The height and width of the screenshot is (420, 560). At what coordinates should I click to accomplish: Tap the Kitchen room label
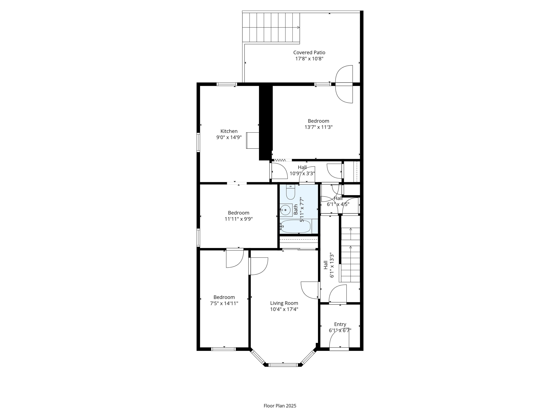229,131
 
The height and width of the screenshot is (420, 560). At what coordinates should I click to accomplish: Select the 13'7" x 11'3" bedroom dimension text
318,127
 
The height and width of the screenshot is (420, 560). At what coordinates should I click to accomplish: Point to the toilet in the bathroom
290,192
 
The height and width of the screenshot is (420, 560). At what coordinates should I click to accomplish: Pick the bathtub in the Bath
295,226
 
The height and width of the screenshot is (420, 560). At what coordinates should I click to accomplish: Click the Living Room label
284,303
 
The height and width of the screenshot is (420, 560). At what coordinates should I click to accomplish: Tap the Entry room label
340,324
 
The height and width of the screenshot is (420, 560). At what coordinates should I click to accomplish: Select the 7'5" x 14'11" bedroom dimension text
224,303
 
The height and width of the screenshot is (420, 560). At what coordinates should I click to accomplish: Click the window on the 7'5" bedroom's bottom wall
223,349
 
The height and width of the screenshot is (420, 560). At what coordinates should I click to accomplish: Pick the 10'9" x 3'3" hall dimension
302,173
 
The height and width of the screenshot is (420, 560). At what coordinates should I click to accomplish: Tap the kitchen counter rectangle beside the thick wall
253,140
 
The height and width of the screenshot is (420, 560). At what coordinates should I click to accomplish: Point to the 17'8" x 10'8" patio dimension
309,59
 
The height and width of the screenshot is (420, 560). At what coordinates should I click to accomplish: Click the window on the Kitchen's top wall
227,84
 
